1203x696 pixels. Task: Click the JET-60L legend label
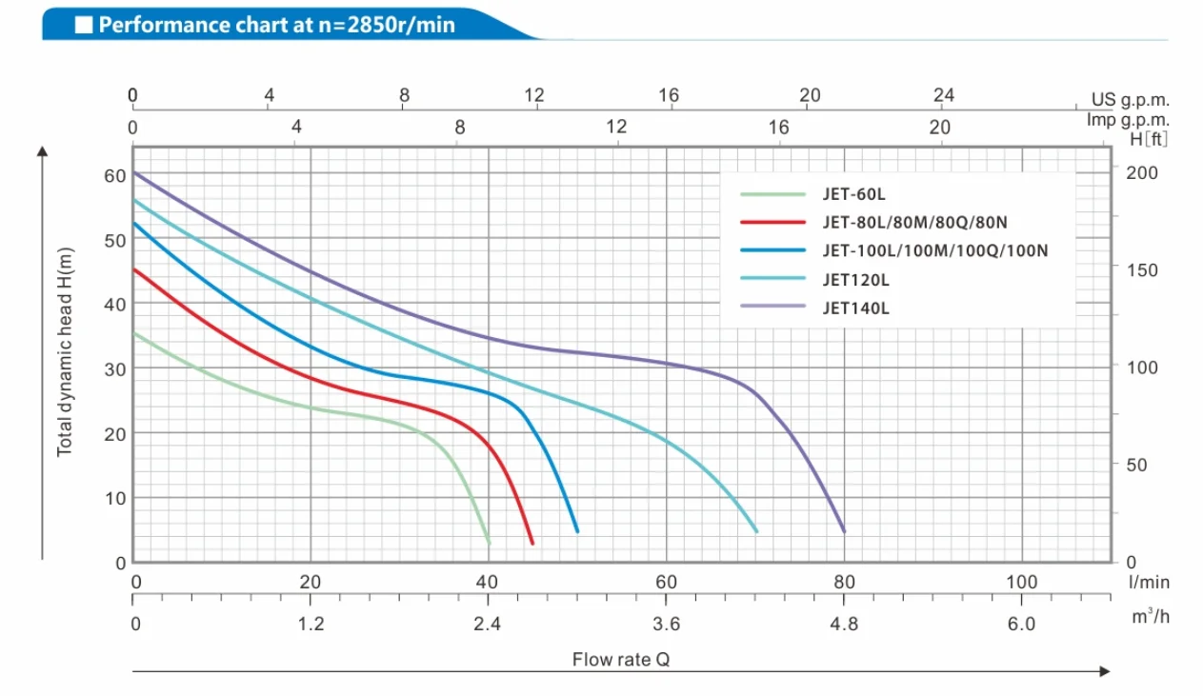853,195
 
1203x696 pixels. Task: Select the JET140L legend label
854,308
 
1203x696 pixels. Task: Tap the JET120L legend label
854,280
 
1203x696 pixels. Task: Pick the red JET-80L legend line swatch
772,223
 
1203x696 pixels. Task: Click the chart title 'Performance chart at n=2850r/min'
276,25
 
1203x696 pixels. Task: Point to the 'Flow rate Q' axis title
620,659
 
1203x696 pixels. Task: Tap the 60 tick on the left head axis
114,175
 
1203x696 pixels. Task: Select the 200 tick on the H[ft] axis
1144,172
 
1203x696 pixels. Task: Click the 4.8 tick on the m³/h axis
844,624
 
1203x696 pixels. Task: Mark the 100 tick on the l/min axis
1021,582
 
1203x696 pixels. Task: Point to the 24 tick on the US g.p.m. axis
943,95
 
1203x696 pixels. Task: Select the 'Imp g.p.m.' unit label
1128,120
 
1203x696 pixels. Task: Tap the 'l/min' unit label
1149,582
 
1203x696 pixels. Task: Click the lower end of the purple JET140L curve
843,530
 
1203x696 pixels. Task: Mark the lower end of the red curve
531,543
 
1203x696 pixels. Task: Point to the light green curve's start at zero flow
134,333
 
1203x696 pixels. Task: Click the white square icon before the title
84,25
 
